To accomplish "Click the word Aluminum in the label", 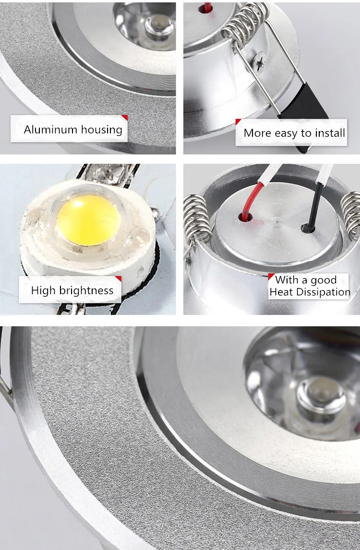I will [x=50, y=130].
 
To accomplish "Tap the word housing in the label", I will [x=101, y=130].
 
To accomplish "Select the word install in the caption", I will [x=329, y=133].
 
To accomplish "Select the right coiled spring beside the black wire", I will [x=351, y=214].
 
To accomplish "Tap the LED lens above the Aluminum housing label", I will [x=156, y=24].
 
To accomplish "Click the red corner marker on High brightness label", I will [x=118, y=278].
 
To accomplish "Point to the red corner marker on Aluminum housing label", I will [x=124, y=117].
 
